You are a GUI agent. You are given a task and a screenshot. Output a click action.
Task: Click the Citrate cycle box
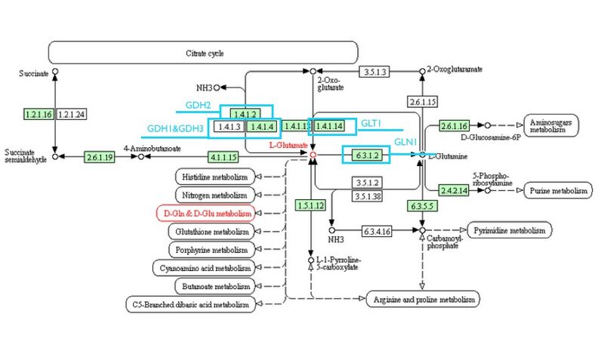[203, 53]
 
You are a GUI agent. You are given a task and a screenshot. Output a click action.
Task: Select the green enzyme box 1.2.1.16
[38, 113]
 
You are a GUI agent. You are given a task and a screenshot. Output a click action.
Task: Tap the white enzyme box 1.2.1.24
[70, 113]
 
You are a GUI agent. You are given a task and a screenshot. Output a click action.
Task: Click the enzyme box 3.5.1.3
[374, 72]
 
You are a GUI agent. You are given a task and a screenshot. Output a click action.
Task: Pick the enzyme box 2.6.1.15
[423, 102]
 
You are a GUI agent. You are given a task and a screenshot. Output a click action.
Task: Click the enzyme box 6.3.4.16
[381, 229]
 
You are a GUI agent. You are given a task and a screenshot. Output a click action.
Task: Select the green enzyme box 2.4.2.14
[455, 191]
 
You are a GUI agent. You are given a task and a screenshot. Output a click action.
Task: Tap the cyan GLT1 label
[370, 123]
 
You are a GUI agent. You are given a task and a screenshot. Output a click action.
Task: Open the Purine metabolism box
[557, 191]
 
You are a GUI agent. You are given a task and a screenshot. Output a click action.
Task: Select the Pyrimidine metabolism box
[510, 229]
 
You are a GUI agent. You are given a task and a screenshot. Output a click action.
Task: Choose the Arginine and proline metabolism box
[423, 300]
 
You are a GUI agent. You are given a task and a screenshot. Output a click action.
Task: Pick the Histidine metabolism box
[214, 177]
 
